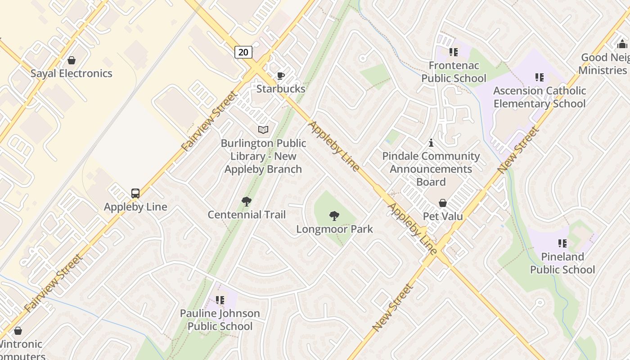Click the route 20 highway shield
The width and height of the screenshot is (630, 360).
pyautogui.click(x=243, y=52)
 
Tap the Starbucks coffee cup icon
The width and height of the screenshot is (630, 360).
pyautogui.click(x=281, y=76)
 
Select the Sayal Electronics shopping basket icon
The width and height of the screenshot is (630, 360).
pyautogui.click(x=71, y=60)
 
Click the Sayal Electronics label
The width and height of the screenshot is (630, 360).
pyautogui.click(x=71, y=73)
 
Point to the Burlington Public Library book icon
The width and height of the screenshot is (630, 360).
pyautogui.click(x=263, y=130)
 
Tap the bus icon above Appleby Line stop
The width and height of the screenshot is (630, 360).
pyautogui.click(x=135, y=193)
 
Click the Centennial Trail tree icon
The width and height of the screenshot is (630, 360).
pyautogui.click(x=246, y=202)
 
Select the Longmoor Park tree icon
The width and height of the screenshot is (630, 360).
pyautogui.click(x=334, y=216)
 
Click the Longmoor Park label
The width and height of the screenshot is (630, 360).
pyautogui.click(x=334, y=229)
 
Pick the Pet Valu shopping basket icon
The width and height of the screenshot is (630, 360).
pyautogui.click(x=443, y=203)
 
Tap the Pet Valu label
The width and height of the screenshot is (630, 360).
pyautogui.click(x=443, y=216)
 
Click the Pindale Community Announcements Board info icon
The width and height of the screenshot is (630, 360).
pyautogui.click(x=431, y=143)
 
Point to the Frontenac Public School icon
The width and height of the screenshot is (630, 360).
pyautogui.click(x=454, y=52)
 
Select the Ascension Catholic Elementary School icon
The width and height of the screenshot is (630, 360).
pyautogui.click(x=539, y=77)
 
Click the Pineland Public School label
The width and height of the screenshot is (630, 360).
pyautogui.click(x=562, y=263)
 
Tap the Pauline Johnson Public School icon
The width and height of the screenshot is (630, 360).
pyautogui.click(x=220, y=300)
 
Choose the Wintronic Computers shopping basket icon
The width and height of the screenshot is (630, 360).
pyautogui.click(x=18, y=331)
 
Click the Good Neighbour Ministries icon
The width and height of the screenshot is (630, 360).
pyautogui.click(x=623, y=44)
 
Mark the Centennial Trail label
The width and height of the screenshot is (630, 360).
pyautogui.click(x=247, y=215)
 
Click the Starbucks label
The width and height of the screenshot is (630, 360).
pyautogui.click(x=281, y=89)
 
